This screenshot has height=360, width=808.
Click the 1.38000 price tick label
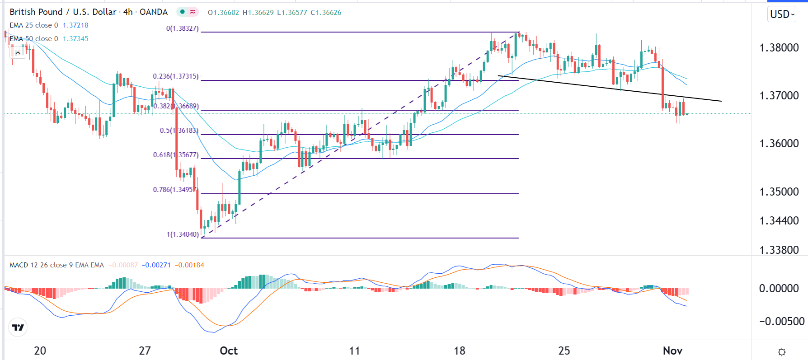click(x=779, y=48)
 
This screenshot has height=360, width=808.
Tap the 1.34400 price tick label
click(x=779, y=221)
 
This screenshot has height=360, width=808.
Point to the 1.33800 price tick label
click(x=779, y=250)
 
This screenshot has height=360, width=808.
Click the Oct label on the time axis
click(x=229, y=351)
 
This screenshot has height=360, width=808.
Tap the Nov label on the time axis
click(x=672, y=351)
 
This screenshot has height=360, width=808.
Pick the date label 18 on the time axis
click(x=459, y=351)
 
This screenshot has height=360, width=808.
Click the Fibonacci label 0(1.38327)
click(x=183, y=28)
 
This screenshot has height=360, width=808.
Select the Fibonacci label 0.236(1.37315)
click(x=176, y=76)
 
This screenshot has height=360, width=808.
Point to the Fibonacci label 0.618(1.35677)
click(x=176, y=155)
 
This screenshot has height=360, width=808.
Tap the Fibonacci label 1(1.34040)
click(x=183, y=234)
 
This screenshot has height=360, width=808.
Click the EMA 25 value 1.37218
click(x=75, y=25)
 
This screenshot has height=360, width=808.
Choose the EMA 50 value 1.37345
click(x=75, y=39)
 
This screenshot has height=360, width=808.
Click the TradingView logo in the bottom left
click(x=18, y=327)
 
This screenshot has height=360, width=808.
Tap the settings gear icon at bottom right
click(x=782, y=352)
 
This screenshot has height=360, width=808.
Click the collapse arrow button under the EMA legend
click(x=18, y=53)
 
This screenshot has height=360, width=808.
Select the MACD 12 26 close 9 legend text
click(x=56, y=265)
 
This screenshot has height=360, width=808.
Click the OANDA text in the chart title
click(x=154, y=12)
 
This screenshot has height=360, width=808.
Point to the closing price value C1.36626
click(x=326, y=13)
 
